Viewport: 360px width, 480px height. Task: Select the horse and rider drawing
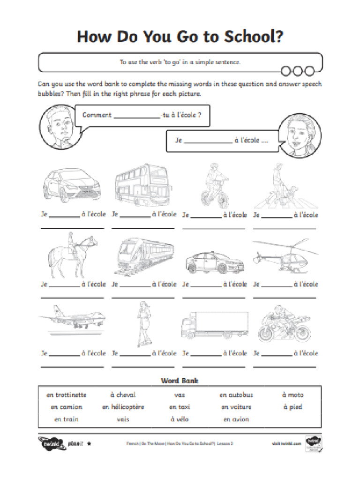click(73, 256)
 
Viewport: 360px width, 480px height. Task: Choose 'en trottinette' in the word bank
click(67, 395)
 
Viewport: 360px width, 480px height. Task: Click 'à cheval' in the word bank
click(123, 395)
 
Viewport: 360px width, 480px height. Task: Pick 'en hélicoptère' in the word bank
click(123, 407)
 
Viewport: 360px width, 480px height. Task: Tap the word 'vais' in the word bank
click(123, 420)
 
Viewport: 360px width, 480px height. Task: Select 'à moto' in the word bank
click(292, 395)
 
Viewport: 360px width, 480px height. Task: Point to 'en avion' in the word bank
click(236, 420)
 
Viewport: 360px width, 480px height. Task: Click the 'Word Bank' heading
click(180, 381)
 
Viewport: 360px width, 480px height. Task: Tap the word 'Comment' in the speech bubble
click(97, 115)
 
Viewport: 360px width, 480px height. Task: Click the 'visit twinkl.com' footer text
click(286, 443)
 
